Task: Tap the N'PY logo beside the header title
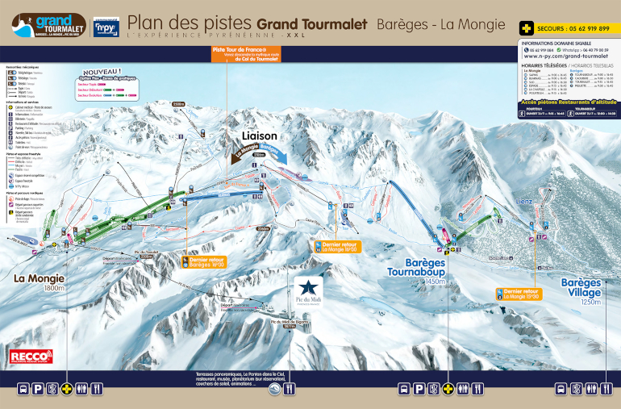(x=106, y=27)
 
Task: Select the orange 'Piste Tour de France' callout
(x=245, y=54)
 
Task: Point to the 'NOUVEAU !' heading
(x=101, y=73)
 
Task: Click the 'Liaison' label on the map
(x=260, y=136)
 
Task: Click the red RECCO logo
(x=31, y=356)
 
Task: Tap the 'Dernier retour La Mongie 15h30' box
(x=518, y=294)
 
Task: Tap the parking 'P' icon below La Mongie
(x=39, y=390)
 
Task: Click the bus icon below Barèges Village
(x=560, y=390)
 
